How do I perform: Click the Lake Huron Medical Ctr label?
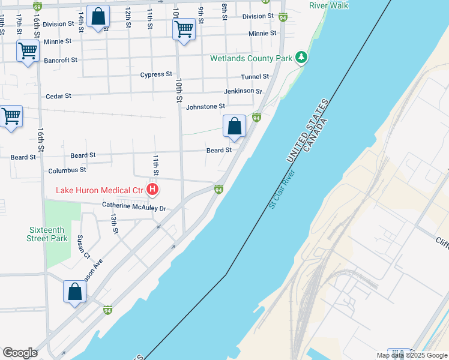pos(100,191)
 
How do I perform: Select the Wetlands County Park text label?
pos(250,58)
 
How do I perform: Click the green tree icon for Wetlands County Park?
pos(301,58)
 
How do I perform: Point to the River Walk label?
pos(328,5)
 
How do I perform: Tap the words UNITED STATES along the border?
pos(308,131)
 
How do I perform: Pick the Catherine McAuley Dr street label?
pos(133,208)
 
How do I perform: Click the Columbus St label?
pos(67,170)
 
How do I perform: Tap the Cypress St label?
pos(156,75)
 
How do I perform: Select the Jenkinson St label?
pos(243,91)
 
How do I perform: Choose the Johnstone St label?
pos(205,107)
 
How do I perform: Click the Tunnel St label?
pos(255,77)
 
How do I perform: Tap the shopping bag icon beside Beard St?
pos(234,127)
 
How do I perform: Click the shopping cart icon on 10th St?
pos(184,29)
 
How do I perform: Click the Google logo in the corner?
pos(20,353)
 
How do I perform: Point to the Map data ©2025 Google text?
pos(411,355)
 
